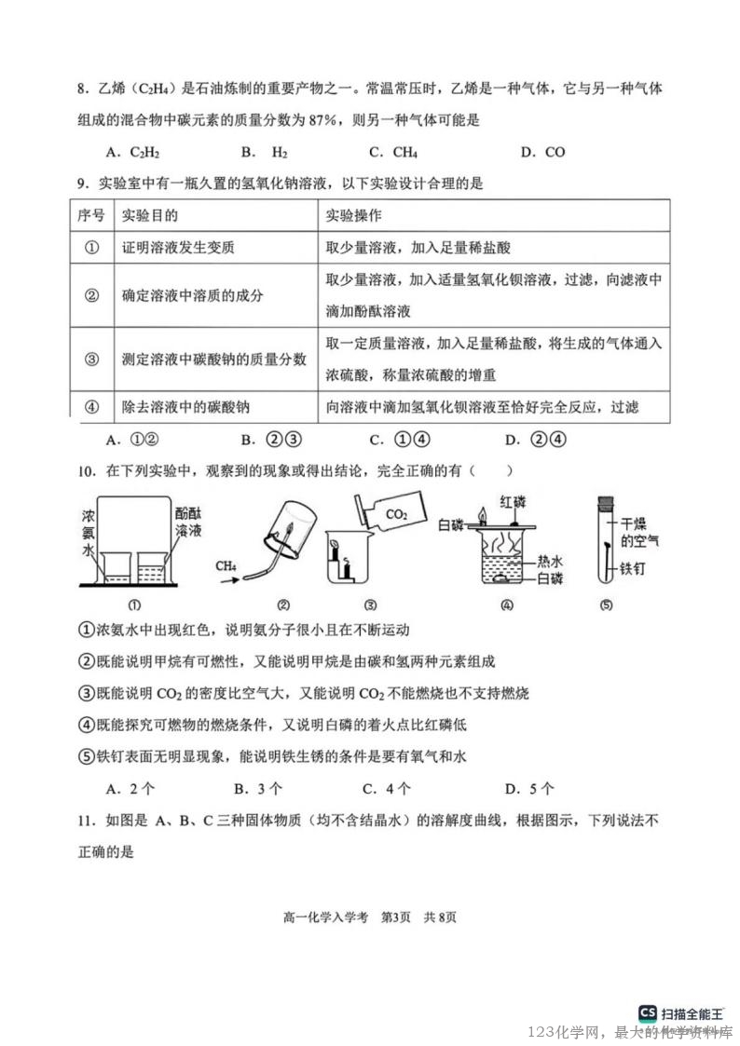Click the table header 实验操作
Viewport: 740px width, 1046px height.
353,215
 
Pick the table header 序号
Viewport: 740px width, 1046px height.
90,215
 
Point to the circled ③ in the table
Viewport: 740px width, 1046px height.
91,359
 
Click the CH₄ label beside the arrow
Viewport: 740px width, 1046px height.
226,565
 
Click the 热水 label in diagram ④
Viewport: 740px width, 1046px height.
550,562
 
